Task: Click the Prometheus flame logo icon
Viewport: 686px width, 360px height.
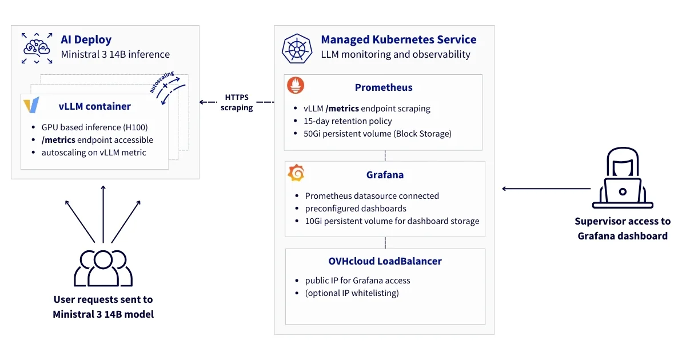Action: pyautogui.click(x=296, y=86)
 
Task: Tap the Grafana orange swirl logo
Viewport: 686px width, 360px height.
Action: pyautogui.click(x=296, y=173)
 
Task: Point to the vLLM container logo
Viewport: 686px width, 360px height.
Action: pyautogui.click(x=31, y=106)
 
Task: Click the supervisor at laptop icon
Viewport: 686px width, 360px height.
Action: pyautogui.click(x=623, y=178)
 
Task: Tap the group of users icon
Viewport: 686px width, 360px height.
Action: pyautogui.click(x=103, y=267)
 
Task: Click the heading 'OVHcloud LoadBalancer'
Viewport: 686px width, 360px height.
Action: pyautogui.click(x=385, y=261)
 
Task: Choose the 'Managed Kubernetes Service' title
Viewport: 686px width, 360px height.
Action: pyautogui.click(x=398, y=40)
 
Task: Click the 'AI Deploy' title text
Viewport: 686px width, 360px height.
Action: pyautogui.click(x=86, y=40)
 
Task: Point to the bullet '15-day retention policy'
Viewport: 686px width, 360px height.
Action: pyautogui.click(x=348, y=121)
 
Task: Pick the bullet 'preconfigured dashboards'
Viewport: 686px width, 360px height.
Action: pyautogui.click(x=356, y=209)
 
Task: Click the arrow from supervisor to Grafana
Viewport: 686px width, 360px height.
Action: pyautogui.click(x=546, y=189)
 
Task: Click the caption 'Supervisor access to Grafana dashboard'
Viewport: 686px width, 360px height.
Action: pyautogui.click(x=623, y=229)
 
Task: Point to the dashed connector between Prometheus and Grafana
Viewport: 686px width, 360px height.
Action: pyautogui.click(x=385, y=155)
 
